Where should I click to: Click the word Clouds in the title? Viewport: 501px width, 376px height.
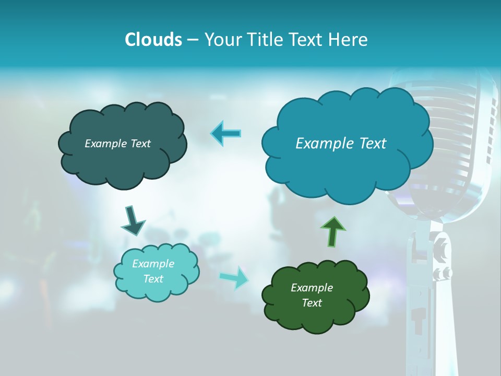click(x=153, y=40)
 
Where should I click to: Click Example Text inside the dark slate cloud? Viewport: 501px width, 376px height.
click(x=118, y=144)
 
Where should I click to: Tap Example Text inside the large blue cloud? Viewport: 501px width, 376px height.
click(x=341, y=144)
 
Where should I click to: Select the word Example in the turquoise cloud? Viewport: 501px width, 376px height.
click(x=153, y=264)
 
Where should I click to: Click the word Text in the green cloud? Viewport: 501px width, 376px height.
click(x=312, y=303)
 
